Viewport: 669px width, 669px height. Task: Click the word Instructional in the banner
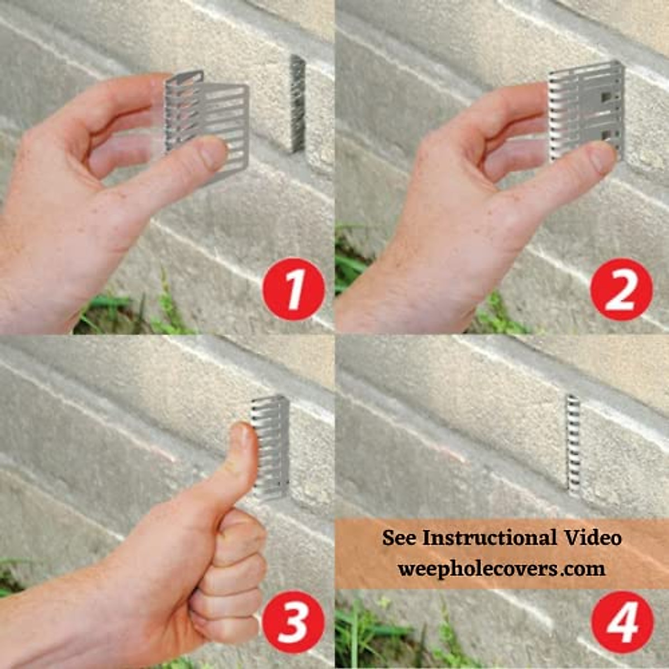[x=489, y=538]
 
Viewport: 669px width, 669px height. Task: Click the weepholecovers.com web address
[x=501, y=569]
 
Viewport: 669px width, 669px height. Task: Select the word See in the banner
[x=399, y=538]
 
